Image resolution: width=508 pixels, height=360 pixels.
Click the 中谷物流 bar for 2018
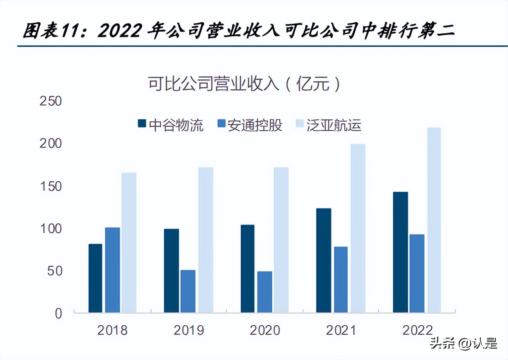pos(95,278)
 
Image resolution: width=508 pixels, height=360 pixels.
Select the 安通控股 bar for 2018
pos(112,270)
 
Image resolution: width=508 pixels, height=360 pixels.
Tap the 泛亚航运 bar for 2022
pos(434,220)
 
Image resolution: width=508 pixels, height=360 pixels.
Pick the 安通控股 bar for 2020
pos(265,292)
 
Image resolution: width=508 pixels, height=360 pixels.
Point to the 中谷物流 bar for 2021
pos(324,261)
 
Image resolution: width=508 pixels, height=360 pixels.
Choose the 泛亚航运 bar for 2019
pos(205,240)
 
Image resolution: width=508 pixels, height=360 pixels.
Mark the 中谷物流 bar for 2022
pos(400,252)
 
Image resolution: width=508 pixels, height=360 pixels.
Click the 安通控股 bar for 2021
pos(340,280)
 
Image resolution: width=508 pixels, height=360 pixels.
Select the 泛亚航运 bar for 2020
pos(281,240)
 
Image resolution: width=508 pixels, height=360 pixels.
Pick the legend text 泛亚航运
pos(339,126)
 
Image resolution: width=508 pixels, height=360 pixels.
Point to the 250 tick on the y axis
pos(51,101)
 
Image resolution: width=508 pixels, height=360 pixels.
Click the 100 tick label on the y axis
pos(51,229)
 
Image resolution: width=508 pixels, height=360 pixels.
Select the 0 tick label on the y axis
pos(58,313)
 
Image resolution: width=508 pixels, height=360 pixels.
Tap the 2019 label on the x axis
pos(189,331)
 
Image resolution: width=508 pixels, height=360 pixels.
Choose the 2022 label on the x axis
pos(417,331)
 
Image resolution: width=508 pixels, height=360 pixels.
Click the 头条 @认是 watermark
pos(464,344)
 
